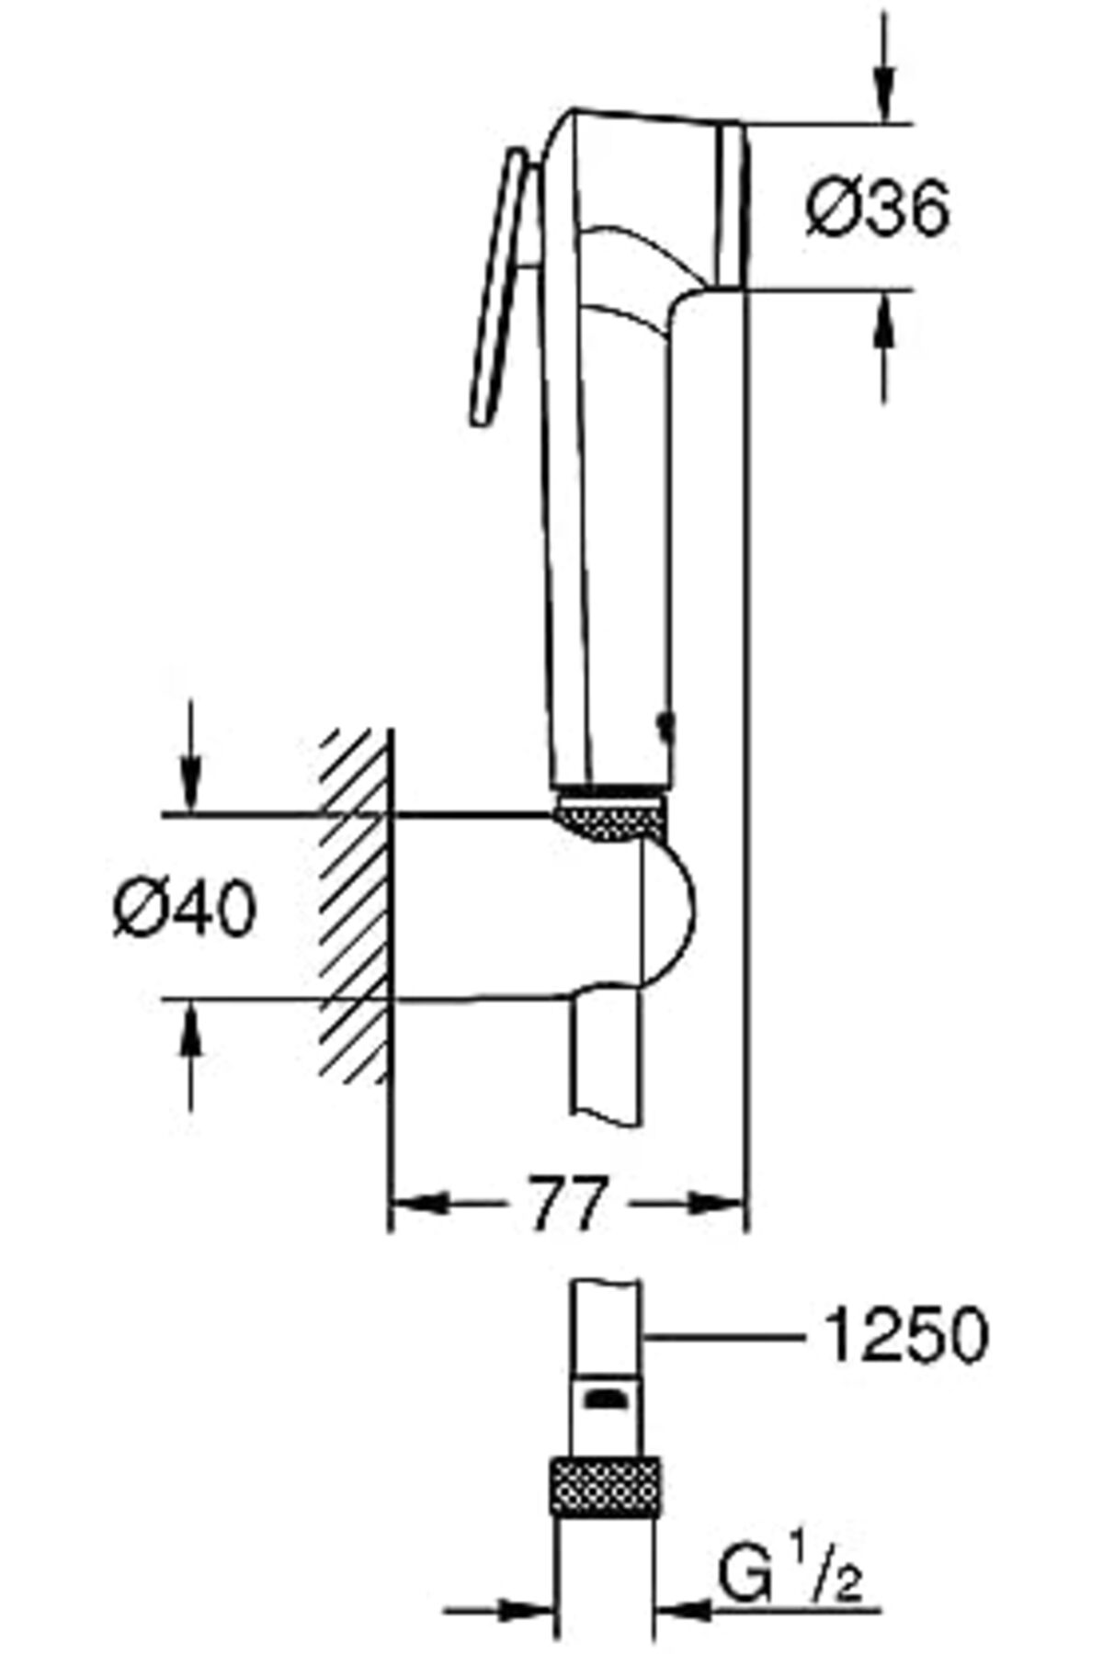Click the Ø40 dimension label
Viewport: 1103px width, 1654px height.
click(185, 910)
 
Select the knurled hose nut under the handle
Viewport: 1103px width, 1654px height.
click(610, 818)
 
